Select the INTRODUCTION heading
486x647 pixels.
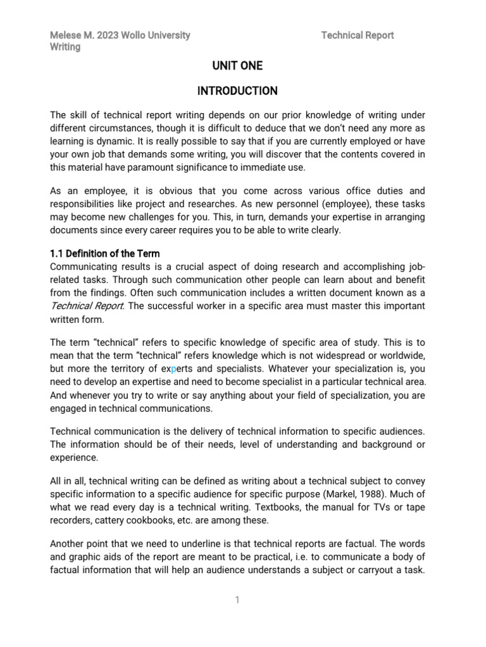pyautogui.click(x=237, y=91)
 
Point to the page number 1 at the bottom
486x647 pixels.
pyautogui.click(x=237, y=600)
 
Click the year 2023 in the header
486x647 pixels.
pyautogui.click(x=108, y=35)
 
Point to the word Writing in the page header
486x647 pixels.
pyautogui.click(x=65, y=47)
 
